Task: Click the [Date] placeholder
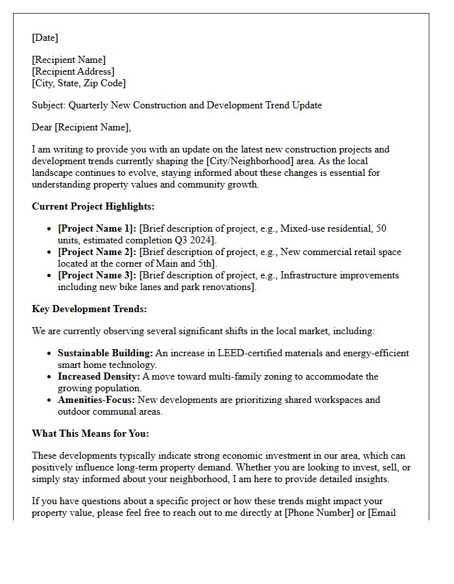click(45, 38)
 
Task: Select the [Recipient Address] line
click(73, 71)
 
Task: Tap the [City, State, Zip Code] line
click(78, 83)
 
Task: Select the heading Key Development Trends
click(89, 309)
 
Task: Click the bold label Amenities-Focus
click(96, 400)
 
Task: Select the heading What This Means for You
click(90, 433)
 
